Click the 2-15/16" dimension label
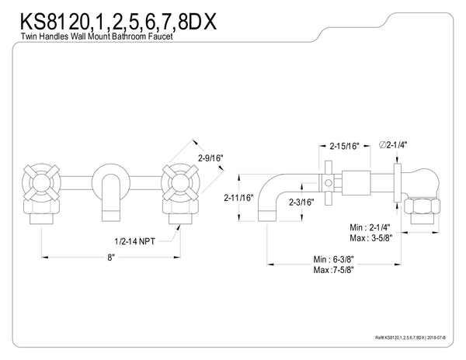[343, 145]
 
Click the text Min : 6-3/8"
[337, 258]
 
